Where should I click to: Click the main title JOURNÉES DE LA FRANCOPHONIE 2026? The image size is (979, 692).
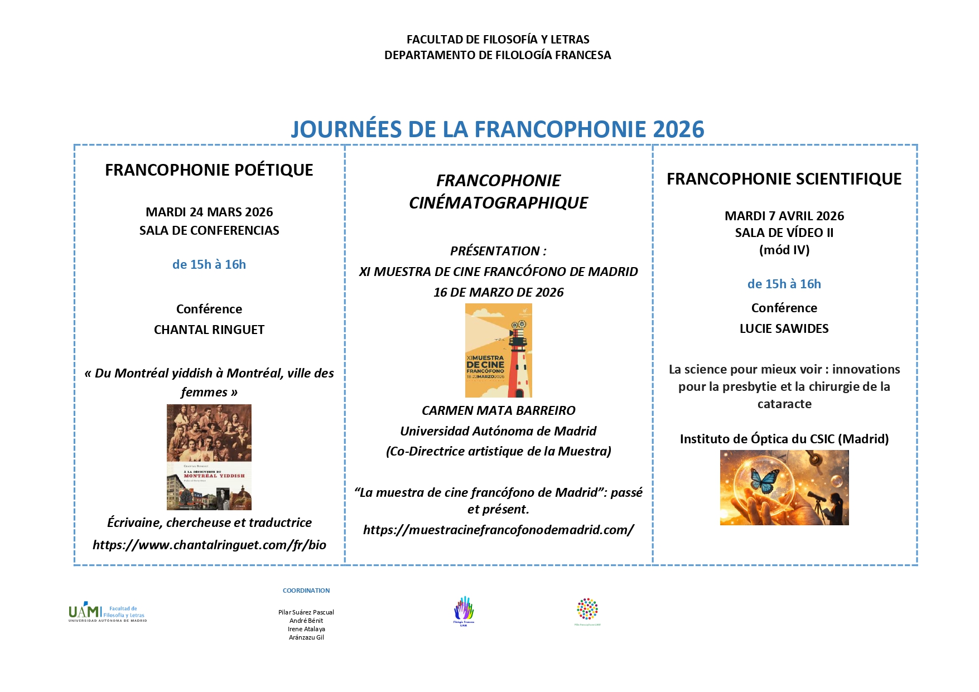coord(497,129)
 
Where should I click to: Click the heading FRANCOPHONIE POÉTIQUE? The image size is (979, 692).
coord(209,170)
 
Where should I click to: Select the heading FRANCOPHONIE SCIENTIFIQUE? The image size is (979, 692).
coord(784,179)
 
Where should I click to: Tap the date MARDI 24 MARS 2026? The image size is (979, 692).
coord(209,212)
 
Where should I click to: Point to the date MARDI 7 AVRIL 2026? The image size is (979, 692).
coord(784,216)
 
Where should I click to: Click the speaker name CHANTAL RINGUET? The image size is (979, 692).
coord(209,330)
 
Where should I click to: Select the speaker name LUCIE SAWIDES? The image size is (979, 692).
coord(784,328)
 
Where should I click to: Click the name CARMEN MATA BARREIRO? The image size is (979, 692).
coord(498,410)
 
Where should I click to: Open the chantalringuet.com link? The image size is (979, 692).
coord(209,545)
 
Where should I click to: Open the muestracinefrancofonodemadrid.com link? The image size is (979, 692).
coord(498,530)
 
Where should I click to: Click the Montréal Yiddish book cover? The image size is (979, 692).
coord(209,457)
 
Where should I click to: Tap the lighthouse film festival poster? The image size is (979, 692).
coord(498,350)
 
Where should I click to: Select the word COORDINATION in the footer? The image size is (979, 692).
coord(306,591)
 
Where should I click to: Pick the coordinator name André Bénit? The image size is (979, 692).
coord(306,621)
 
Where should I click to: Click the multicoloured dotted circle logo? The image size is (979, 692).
coord(587,609)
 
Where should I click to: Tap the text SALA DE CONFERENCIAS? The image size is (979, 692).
coord(209,230)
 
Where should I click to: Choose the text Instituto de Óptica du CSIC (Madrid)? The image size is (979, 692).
coord(784,439)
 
